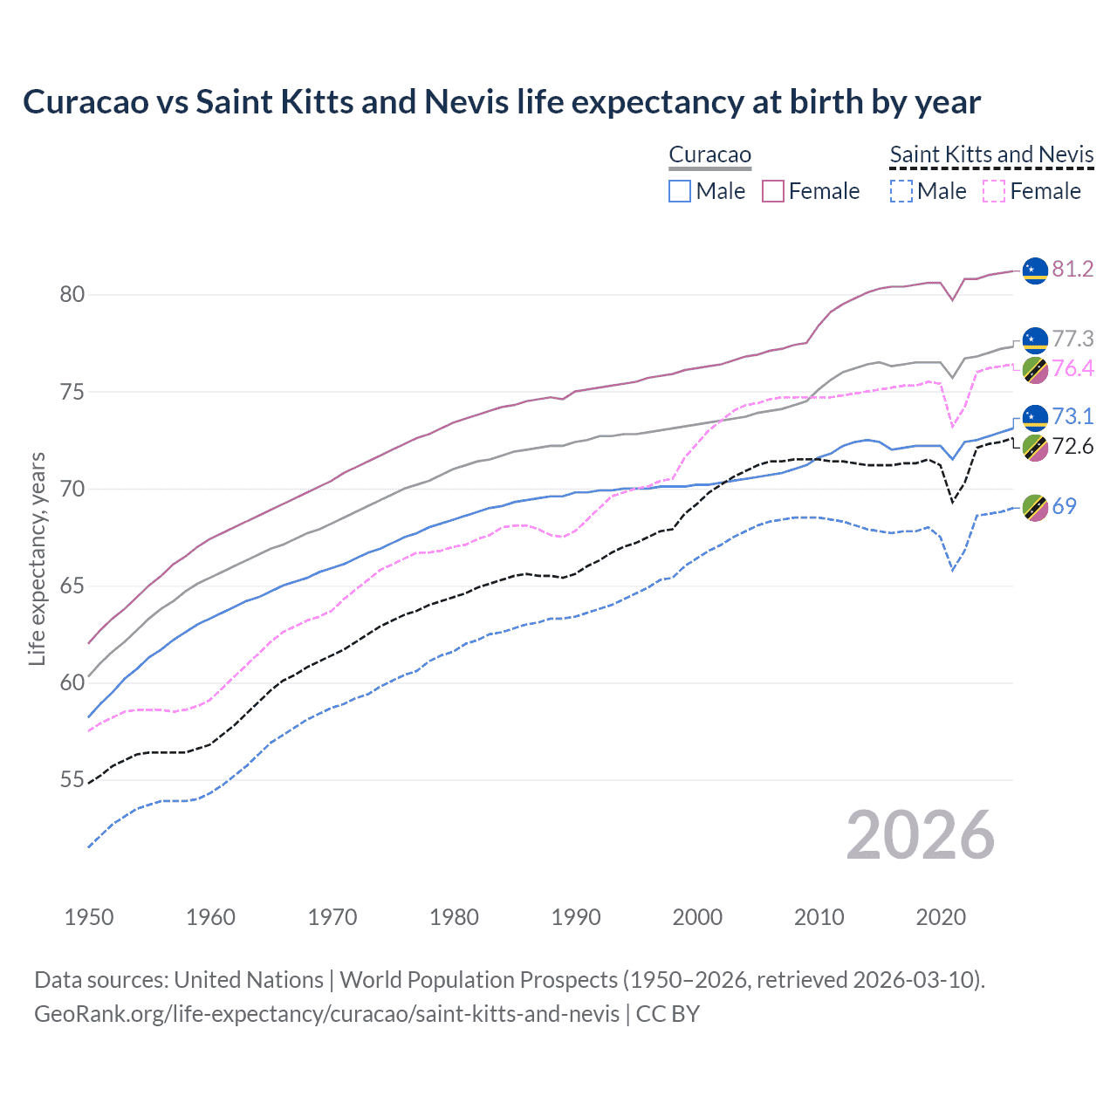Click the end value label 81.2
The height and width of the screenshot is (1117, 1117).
tap(1072, 270)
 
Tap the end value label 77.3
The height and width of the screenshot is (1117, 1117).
tap(1072, 339)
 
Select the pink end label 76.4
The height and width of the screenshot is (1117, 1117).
tap(1072, 369)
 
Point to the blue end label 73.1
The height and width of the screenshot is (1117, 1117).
tap(1072, 417)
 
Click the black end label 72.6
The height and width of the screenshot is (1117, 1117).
tap(1072, 447)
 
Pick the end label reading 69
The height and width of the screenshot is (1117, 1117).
tap(1064, 507)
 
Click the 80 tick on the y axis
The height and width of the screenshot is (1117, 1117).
tap(72, 295)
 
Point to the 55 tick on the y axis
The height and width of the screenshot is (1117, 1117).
tap(72, 780)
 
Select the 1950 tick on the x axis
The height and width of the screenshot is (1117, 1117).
tap(89, 917)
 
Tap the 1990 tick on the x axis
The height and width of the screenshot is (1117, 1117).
tap(576, 917)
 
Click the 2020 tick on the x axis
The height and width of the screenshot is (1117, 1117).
tap(941, 917)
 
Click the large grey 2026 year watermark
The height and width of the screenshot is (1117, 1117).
tap(920, 836)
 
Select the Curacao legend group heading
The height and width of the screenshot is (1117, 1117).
tap(709, 155)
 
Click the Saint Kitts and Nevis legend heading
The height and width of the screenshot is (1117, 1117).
tap(991, 155)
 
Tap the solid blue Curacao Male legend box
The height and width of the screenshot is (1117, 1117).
tap(680, 191)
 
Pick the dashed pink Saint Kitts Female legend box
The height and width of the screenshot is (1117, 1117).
tap(994, 191)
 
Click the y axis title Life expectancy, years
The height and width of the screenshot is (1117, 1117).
tap(37, 558)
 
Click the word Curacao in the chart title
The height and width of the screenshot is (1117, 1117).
tap(86, 102)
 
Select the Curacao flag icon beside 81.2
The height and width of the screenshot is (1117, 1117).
tap(1034, 271)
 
